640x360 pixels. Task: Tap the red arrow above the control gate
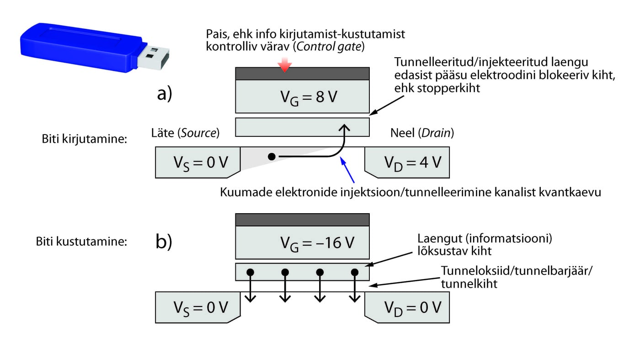(x=285, y=65)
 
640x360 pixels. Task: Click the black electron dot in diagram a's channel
(x=271, y=157)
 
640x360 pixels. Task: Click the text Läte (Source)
(x=185, y=133)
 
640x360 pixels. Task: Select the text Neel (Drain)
(x=422, y=133)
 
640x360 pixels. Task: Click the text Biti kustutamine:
(x=81, y=241)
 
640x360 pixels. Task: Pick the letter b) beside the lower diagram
(x=164, y=242)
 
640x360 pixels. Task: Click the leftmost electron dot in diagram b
(x=251, y=272)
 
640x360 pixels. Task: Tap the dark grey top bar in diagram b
(x=302, y=220)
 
